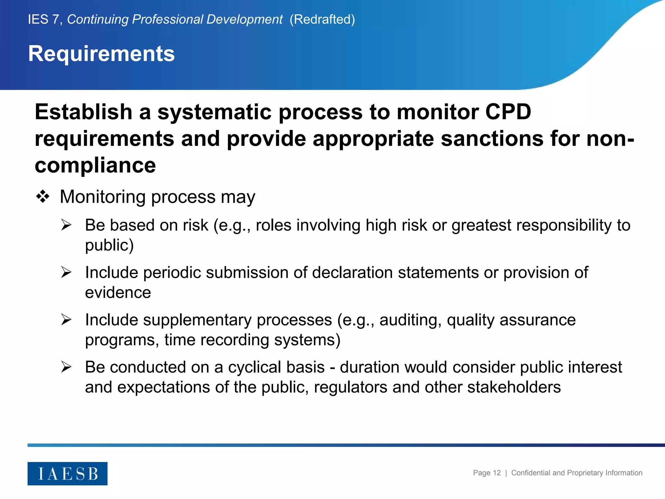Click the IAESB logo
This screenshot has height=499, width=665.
click(x=68, y=473)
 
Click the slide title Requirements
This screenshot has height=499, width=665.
click(x=101, y=54)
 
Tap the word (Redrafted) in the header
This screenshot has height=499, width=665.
click(x=322, y=19)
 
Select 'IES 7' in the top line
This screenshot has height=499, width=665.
click(x=44, y=19)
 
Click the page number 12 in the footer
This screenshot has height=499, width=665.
click(x=496, y=473)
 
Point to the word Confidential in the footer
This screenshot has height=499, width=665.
click(x=531, y=473)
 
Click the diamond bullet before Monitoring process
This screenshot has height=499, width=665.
click(x=43, y=197)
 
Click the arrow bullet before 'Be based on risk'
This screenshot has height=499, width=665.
click(x=66, y=225)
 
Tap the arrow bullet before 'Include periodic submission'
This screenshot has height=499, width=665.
click(x=66, y=272)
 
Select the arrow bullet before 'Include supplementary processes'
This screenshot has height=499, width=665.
click(x=66, y=320)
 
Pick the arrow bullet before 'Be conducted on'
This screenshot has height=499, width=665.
click(x=66, y=367)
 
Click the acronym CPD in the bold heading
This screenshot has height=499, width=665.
click(x=508, y=112)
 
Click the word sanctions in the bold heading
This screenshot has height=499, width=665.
click(x=492, y=139)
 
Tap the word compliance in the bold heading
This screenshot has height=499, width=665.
click(x=95, y=166)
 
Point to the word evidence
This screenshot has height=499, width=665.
click(x=118, y=293)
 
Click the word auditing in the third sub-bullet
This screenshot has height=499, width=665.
click(x=410, y=320)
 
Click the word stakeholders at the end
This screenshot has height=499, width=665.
click(x=514, y=387)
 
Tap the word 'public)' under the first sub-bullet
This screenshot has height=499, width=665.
click(x=109, y=245)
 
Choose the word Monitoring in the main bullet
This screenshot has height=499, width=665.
click(x=103, y=197)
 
